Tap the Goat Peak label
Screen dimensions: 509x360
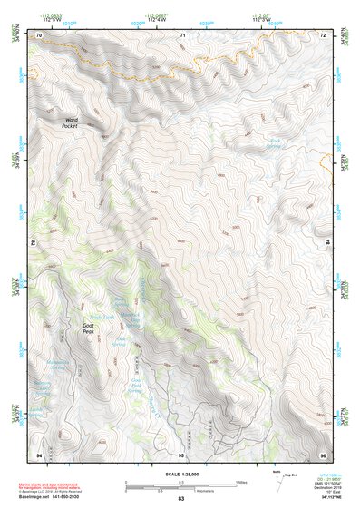point(89,328)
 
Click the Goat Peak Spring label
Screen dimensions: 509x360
point(133,387)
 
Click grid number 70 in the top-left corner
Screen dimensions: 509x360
point(39,34)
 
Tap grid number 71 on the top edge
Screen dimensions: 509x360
point(181,34)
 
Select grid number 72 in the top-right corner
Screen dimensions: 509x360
point(323,34)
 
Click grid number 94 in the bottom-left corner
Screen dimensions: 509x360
point(39,453)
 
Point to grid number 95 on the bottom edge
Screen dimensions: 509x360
point(181,453)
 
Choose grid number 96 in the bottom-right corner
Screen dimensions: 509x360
point(323,453)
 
